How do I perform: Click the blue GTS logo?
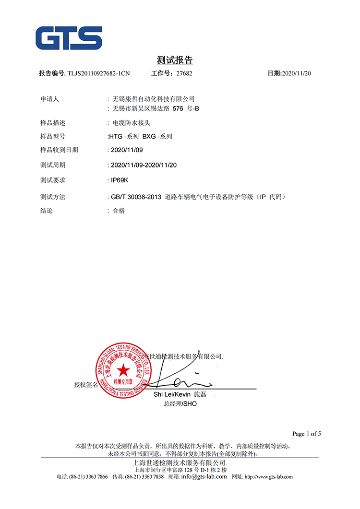pyautogui.click(x=69, y=38)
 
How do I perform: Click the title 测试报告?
pyautogui.click(x=175, y=60)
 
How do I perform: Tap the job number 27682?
pyautogui.click(x=184, y=73)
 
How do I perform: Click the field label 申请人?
pyautogui.click(x=49, y=99)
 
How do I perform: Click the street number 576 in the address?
pyautogui.click(x=178, y=108)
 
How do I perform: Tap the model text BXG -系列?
pyautogui.click(x=157, y=136)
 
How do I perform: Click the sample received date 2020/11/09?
pyautogui.click(x=127, y=150)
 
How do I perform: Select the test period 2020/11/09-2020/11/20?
pyautogui.click(x=144, y=165)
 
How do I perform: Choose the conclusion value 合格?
pyautogui.click(x=119, y=211)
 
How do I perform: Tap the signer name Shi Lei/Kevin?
pyautogui.click(x=172, y=394)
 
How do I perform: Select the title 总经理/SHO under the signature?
pyautogui.click(x=180, y=404)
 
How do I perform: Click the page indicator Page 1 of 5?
pyautogui.click(x=306, y=434)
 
